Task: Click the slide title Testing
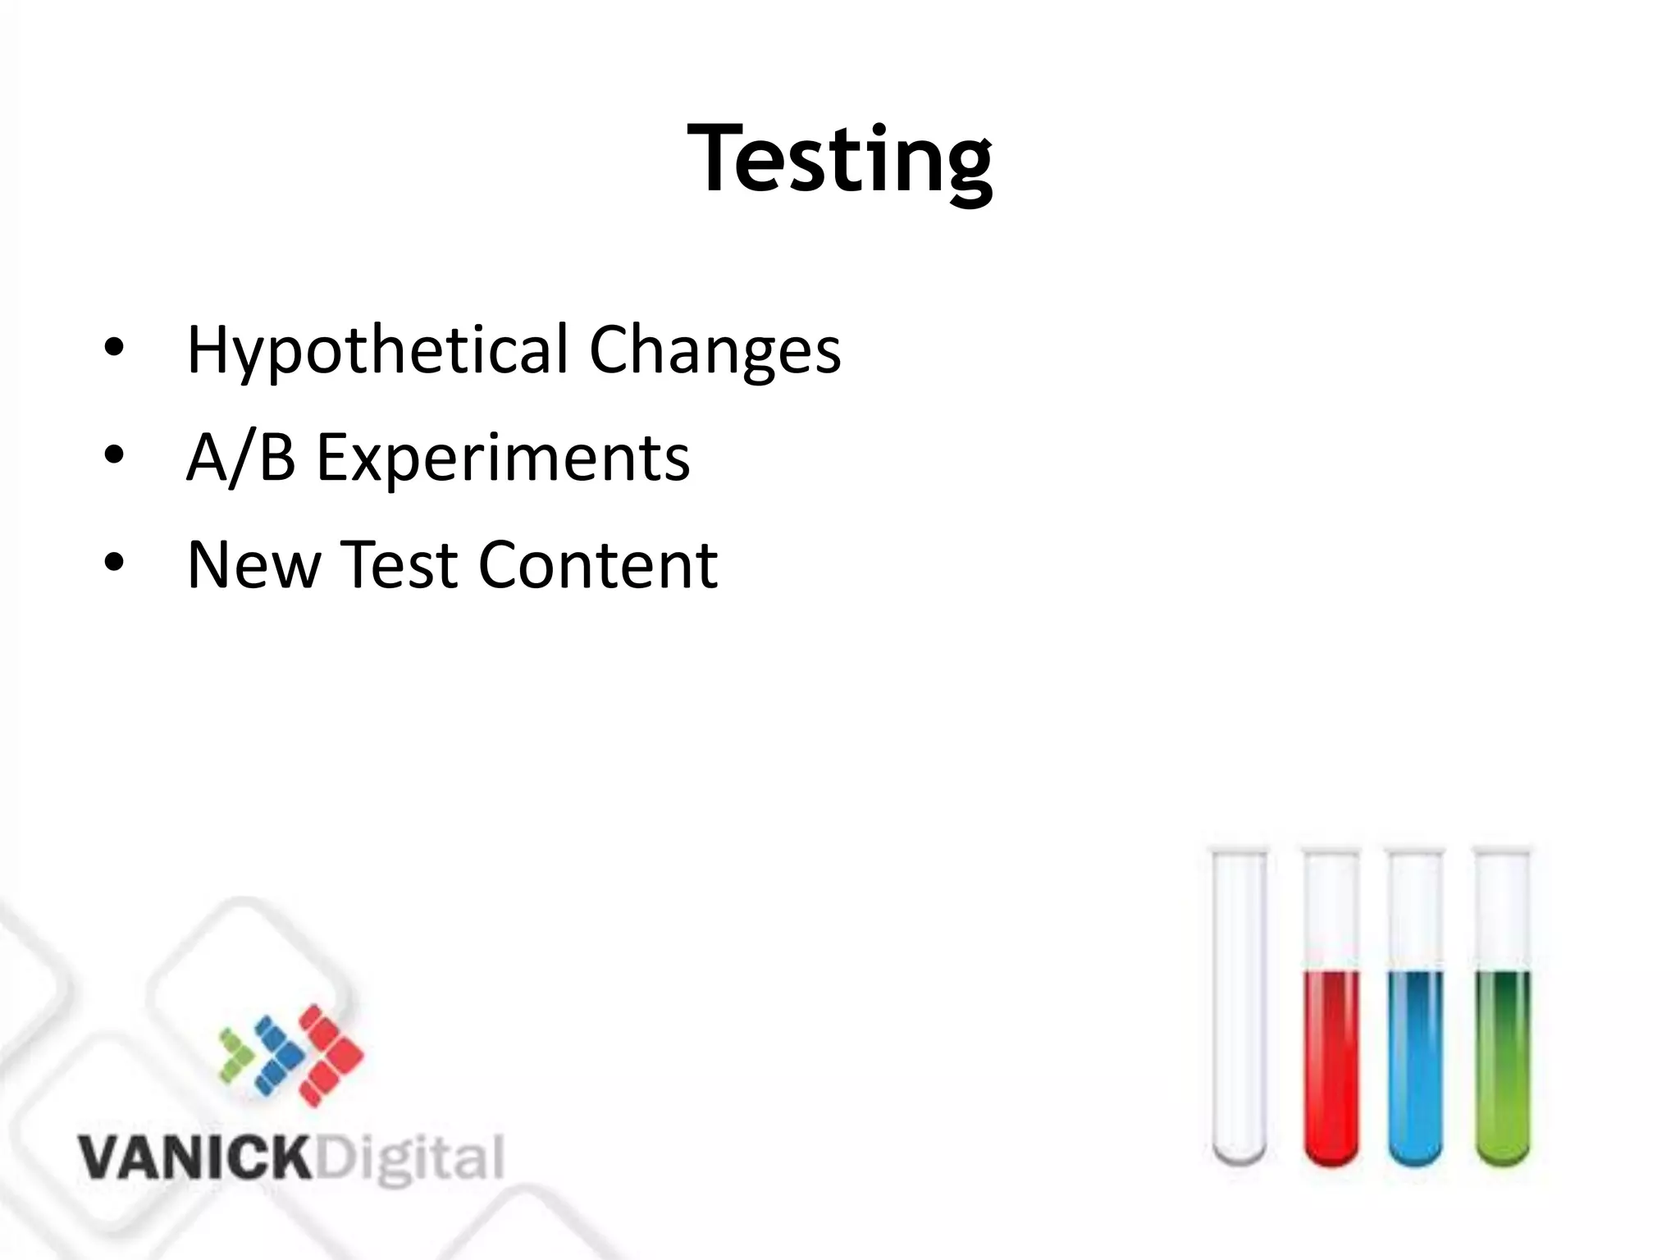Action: click(840, 158)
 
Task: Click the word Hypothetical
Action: click(378, 350)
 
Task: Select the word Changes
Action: click(714, 350)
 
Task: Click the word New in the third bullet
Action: click(253, 565)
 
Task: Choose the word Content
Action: click(598, 565)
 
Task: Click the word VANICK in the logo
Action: click(194, 1158)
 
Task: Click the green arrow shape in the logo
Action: click(237, 1053)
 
